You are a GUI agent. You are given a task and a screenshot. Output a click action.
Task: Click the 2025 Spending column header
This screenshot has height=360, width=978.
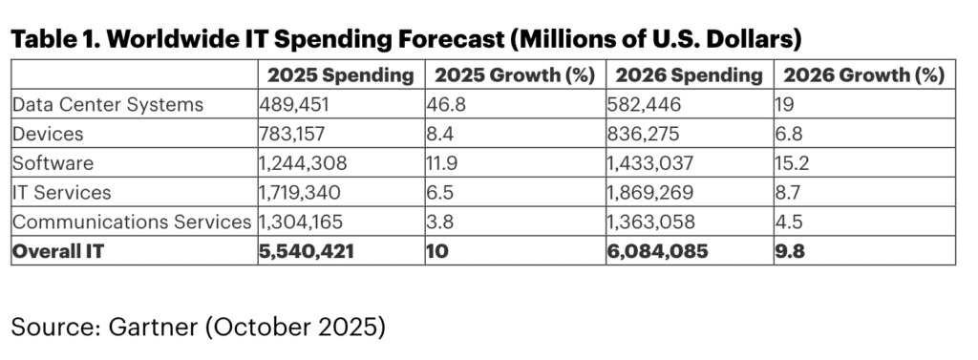340,74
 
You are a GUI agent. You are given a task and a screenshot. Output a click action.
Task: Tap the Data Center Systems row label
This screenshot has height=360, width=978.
108,104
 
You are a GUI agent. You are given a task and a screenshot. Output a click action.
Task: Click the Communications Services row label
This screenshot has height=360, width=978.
132,222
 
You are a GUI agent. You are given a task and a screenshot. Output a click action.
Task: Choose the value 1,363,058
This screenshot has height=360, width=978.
653,222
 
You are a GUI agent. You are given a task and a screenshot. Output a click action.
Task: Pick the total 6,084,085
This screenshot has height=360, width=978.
660,252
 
